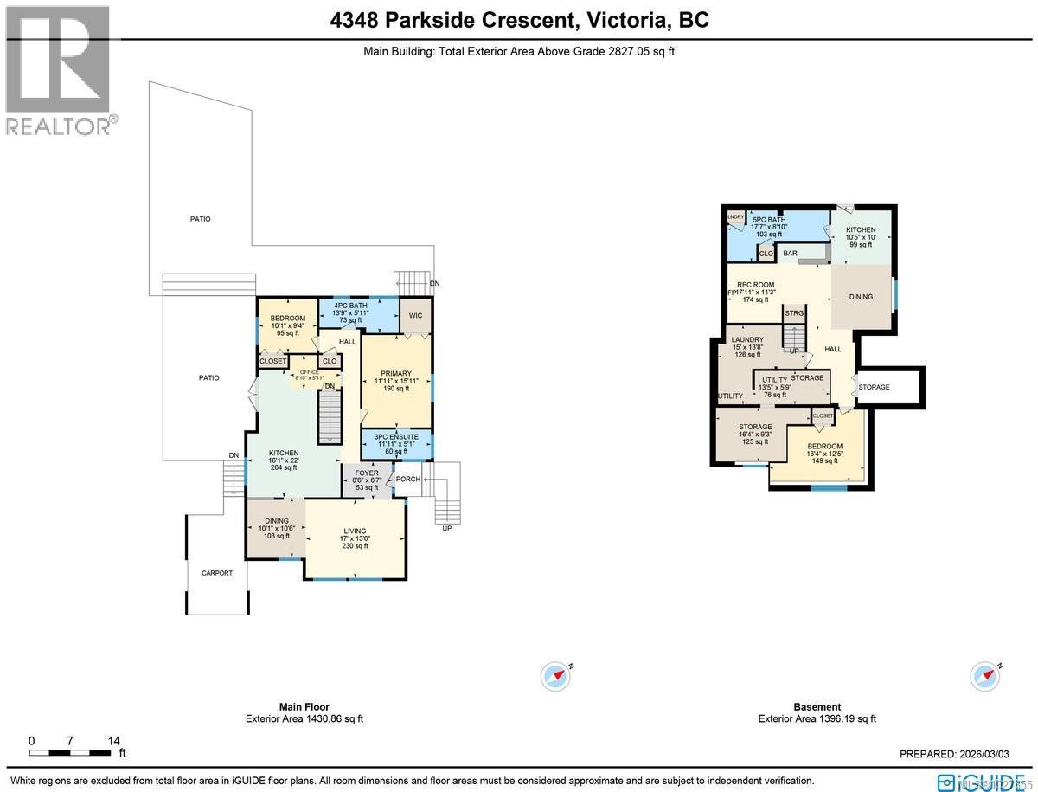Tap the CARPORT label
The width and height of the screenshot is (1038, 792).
click(x=217, y=573)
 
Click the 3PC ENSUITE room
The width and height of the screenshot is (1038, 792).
click(x=395, y=443)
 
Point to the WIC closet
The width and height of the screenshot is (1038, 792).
click(x=415, y=316)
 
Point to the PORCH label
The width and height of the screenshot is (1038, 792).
click(x=407, y=480)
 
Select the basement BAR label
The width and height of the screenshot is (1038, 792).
click(x=790, y=254)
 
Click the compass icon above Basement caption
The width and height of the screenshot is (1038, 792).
click(x=985, y=675)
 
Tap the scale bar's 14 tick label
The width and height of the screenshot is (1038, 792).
click(x=113, y=741)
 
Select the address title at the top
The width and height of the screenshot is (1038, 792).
click(x=519, y=20)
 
